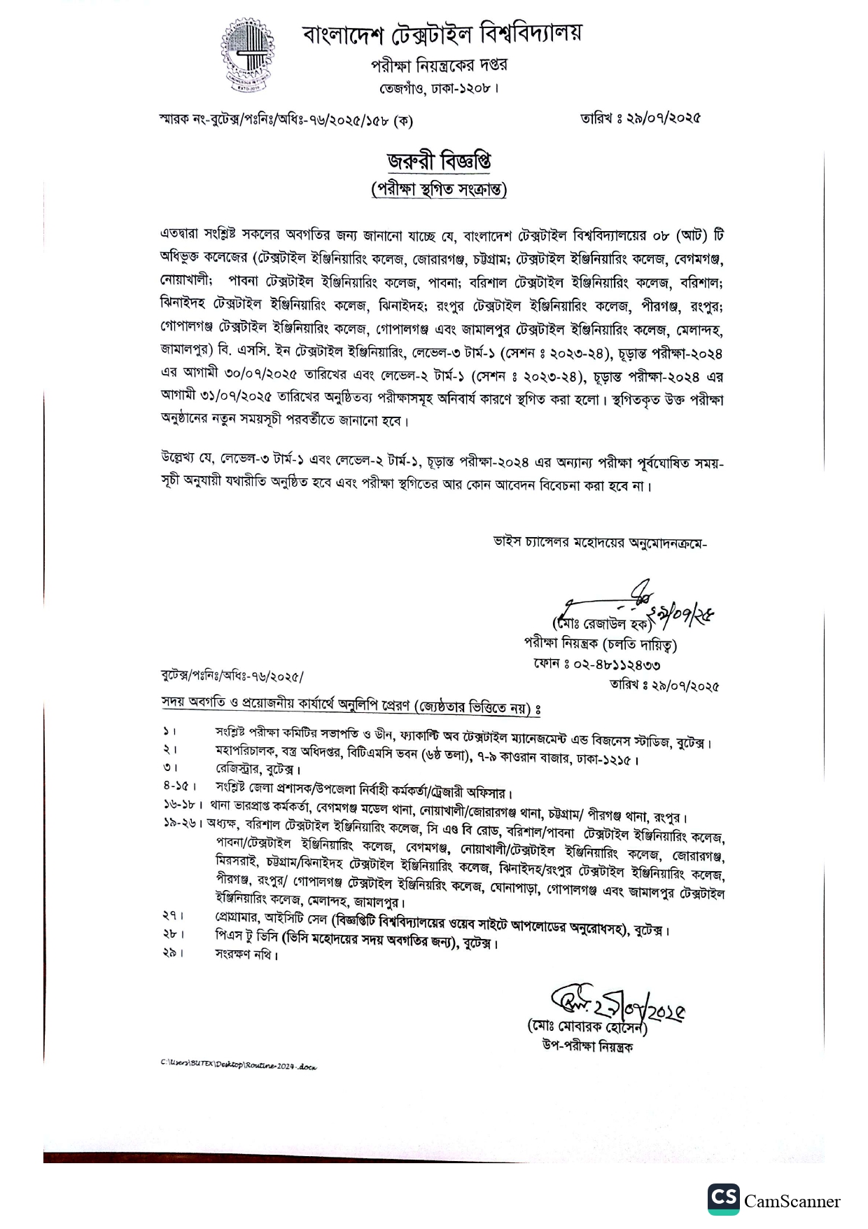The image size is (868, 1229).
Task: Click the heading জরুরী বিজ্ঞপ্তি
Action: pyautogui.click(x=439, y=162)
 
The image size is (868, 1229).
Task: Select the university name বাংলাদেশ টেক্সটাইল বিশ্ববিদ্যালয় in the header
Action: pyautogui.click(x=442, y=34)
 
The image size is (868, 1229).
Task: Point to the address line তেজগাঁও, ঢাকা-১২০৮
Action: pyautogui.click(x=439, y=90)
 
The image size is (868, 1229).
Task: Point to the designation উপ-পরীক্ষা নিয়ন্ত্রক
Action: pyautogui.click(x=587, y=1047)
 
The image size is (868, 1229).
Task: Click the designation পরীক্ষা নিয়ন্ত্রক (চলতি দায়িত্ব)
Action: pyautogui.click(x=600, y=644)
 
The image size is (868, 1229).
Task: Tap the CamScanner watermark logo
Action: pyautogui.click(x=774, y=1201)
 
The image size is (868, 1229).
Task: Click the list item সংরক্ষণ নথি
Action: pyautogui.click(x=246, y=954)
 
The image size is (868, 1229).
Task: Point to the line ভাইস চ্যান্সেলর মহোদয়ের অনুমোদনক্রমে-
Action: pyautogui.click(x=600, y=542)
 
